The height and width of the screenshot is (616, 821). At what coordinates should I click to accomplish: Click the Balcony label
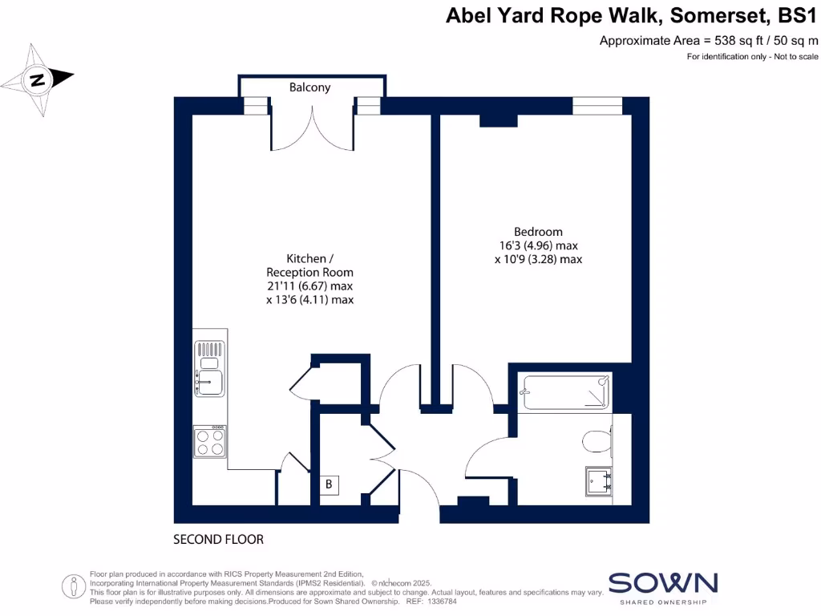tap(309, 87)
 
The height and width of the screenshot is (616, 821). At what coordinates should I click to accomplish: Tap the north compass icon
tap(38, 79)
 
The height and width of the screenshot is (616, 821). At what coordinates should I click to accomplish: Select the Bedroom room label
tap(538, 232)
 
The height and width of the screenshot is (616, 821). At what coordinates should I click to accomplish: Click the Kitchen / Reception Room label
tap(309, 265)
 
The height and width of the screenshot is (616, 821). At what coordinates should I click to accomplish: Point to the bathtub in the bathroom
tap(564, 392)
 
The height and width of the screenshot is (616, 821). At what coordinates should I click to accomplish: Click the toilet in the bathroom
tap(597, 442)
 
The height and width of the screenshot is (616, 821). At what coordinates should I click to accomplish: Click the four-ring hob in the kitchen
tap(209, 441)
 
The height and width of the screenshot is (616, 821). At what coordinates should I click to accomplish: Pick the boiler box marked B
tap(329, 485)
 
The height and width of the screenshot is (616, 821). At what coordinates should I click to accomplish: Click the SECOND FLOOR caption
tap(218, 540)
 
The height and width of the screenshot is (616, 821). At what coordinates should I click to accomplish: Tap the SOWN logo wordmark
tap(662, 583)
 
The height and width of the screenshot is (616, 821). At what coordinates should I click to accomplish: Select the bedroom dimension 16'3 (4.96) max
tap(538, 245)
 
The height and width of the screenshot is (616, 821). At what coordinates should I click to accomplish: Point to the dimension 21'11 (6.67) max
tap(309, 286)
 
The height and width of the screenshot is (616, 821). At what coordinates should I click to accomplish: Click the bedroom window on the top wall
tap(597, 105)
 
